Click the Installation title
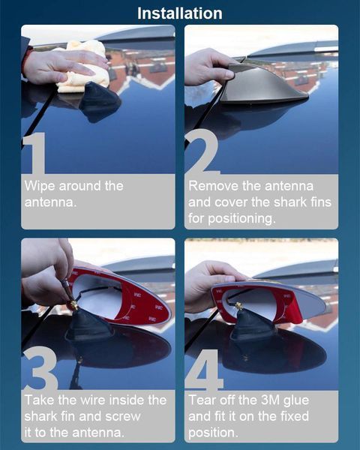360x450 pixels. coord(180,13)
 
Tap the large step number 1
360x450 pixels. coord(35,153)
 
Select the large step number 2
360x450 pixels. coord(202,151)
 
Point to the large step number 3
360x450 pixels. coord(40,368)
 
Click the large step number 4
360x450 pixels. coord(205,370)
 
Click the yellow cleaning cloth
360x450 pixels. coord(83,67)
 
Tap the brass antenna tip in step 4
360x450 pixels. coord(238,306)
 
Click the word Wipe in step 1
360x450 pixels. coord(40,186)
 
